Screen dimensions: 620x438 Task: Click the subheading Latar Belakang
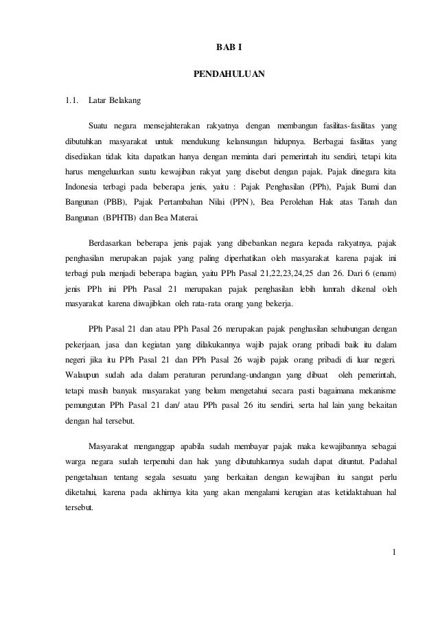coord(115,102)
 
